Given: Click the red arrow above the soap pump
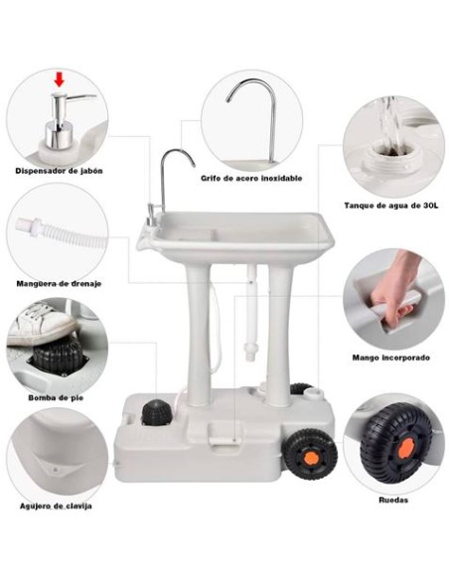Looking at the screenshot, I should point(60,79).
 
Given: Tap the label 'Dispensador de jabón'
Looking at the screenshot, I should point(58,169).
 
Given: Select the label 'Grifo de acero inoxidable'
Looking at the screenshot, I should point(251,178).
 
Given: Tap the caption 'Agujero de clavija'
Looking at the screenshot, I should point(57,506).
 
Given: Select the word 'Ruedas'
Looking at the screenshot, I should point(393,501).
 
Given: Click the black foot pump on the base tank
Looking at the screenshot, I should point(156,413).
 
